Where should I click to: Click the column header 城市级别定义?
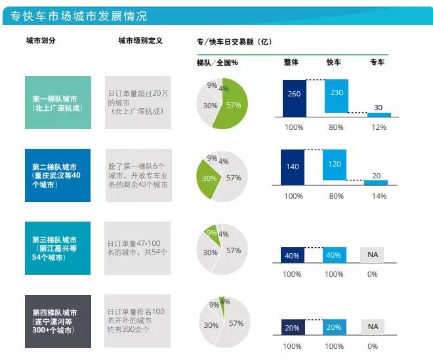click(x=140, y=41)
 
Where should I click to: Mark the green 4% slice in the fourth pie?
click(x=225, y=302)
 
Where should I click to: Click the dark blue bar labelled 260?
click(x=294, y=96)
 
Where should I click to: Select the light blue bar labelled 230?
click(x=336, y=94)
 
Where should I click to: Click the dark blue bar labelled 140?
click(x=294, y=167)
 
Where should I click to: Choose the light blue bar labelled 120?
click(x=336, y=165)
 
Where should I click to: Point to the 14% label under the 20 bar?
click(x=379, y=195)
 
